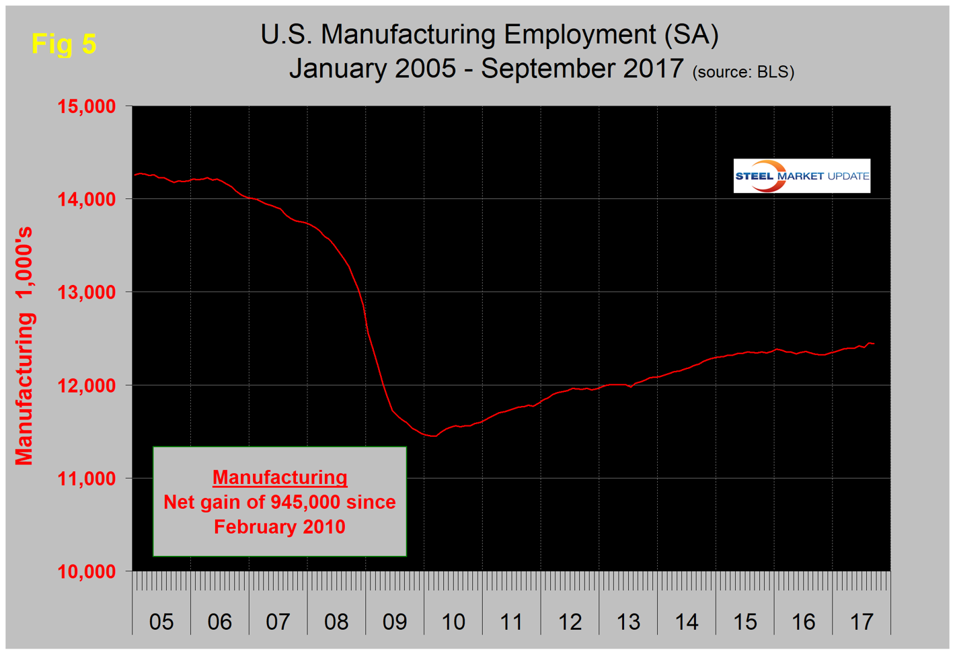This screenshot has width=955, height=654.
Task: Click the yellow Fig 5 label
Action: [x=64, y=44]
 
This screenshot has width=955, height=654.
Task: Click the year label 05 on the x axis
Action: [x=161, y=622]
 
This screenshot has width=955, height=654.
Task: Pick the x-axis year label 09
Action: [x=395, y=622]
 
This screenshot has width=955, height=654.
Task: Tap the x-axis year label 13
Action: [x=628, y=622]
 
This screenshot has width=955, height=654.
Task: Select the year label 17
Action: [x=862, y=622]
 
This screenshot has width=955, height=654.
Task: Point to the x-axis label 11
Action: [x=511, y=622]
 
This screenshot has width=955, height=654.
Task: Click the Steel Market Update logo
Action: [x=802, y=176]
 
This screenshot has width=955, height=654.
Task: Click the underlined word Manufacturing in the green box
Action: [x=280, y=477]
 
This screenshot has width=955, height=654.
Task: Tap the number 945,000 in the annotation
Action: [x=305, y=502]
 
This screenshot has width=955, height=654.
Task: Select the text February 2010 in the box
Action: [x=280, y=526]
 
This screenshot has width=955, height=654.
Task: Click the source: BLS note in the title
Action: [x=743, y=72]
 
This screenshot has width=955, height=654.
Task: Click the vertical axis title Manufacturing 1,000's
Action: [x=25, y=345]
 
